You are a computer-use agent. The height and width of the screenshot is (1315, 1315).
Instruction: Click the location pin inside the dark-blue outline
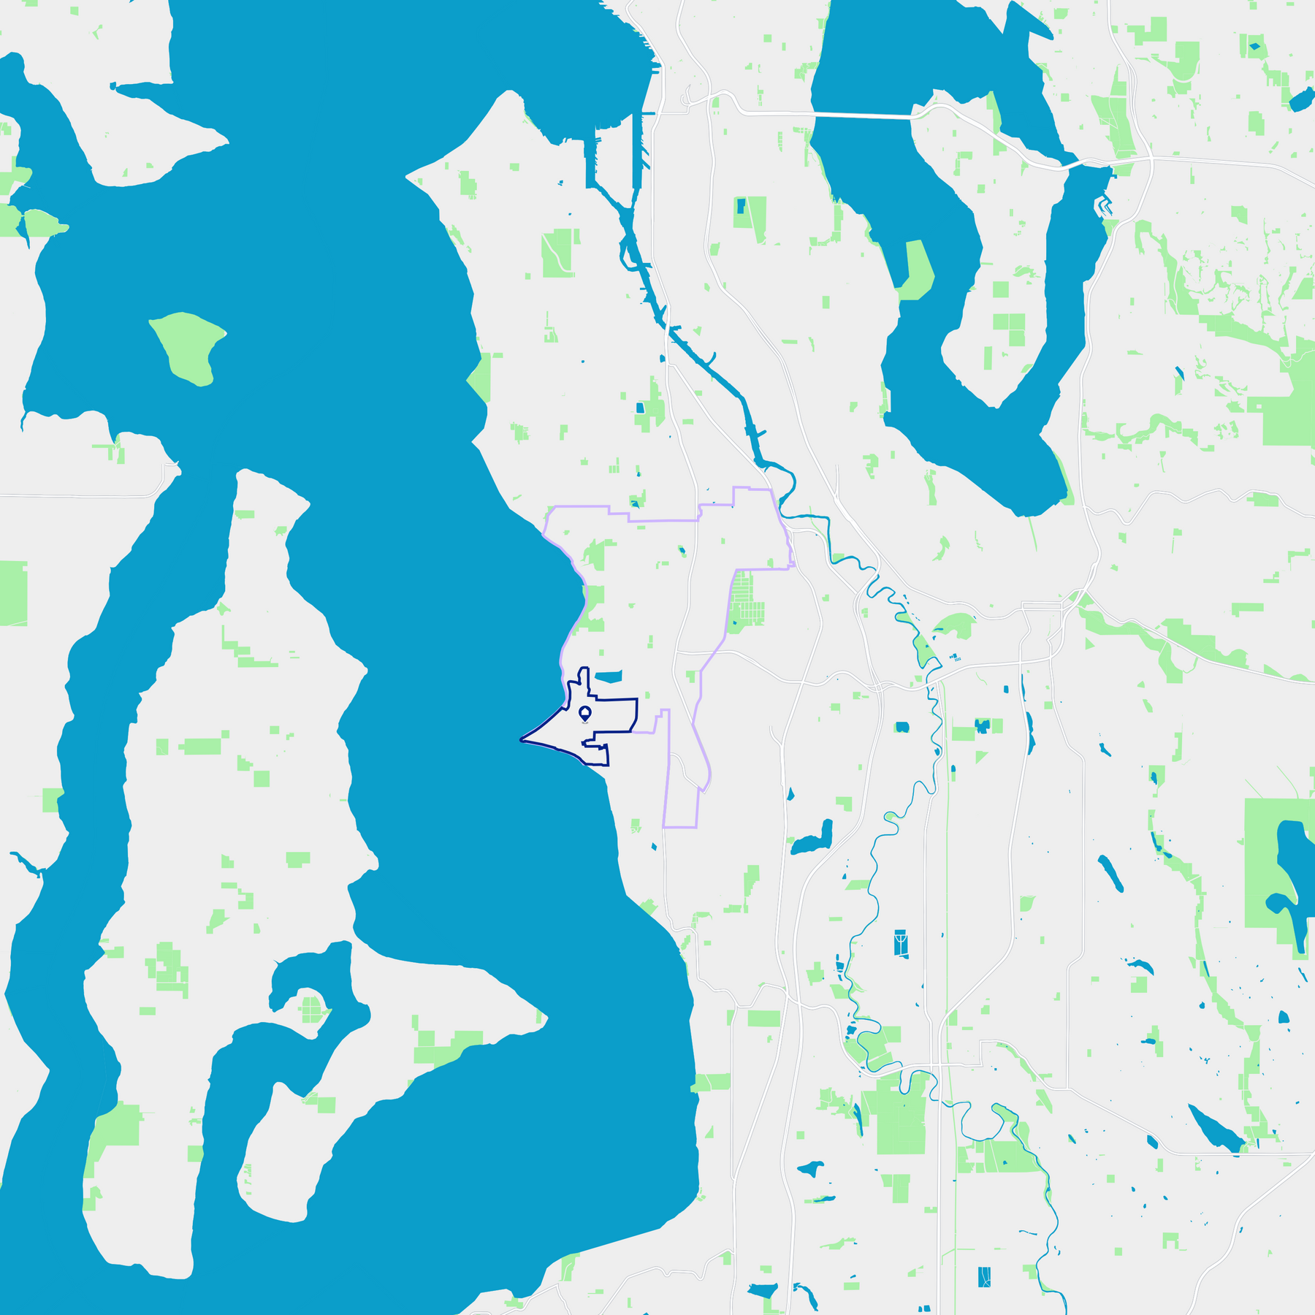coord(584,712)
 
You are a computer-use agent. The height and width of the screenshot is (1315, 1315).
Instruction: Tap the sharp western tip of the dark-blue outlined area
coord(522,740)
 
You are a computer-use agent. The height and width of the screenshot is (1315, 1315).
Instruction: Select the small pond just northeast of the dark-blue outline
coord(608,676)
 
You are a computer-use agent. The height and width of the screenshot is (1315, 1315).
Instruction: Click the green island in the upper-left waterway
coord(188,346)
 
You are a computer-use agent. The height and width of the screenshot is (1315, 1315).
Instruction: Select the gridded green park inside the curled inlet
coord(312,1010)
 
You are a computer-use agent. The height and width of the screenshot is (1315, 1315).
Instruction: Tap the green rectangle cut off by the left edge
coord(12,592)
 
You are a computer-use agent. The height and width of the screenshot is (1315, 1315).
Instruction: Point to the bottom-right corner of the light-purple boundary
coord(696,827)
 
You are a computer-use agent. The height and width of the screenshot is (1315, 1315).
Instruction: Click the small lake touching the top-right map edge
coord(1300,100)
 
